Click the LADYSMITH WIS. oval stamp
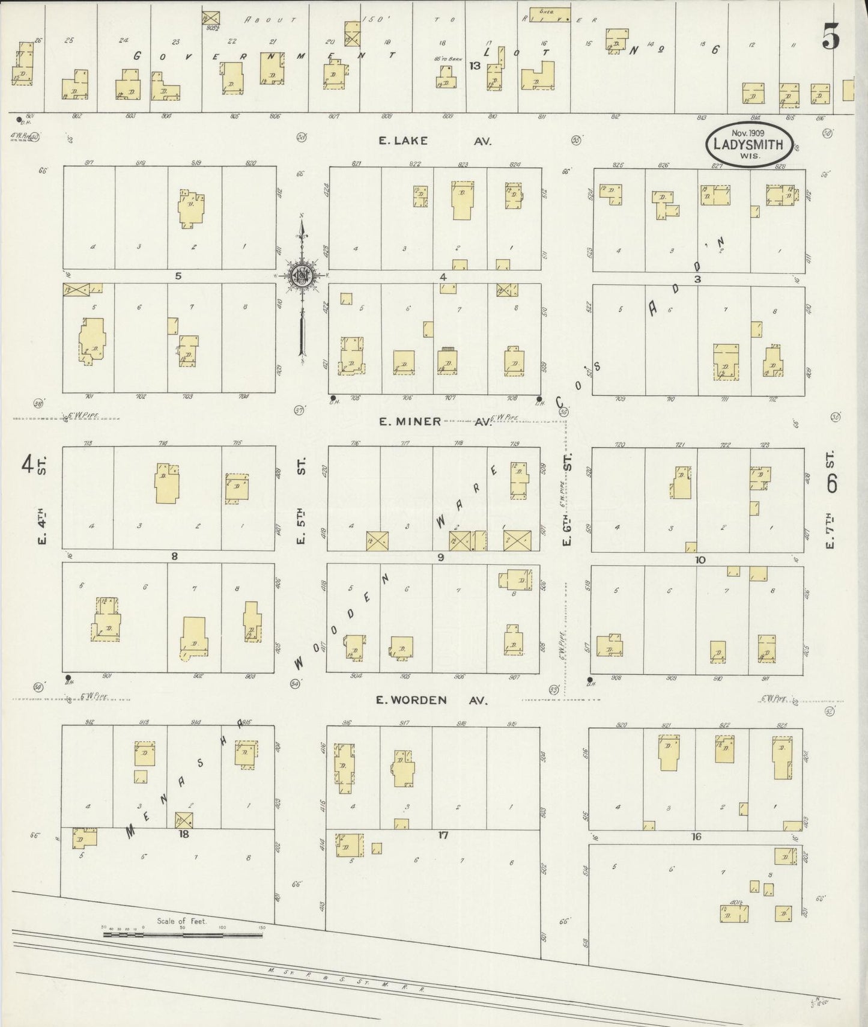pyautogui.click(x=747, y=145)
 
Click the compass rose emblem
pyautogui.click(x=300, y=276)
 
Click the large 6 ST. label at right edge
pyautogui.click(x=831, y=475)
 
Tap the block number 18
pyautogui.click(x=184, y=834)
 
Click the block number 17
pyautogui.click(x=443, y=834)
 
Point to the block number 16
pyautogui.click(x=696, y=837)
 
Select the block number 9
pyautogui.click(x=440, y=558)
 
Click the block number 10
pyautogui.click(x=700, y=560)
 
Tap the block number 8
pyautogui.click(x=174, y=556)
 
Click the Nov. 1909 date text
pyautogui.click(x=747, y=133)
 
